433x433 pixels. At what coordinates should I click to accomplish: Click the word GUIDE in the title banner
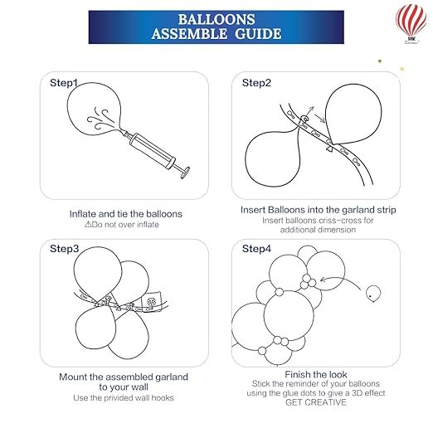click(x=258, y=34)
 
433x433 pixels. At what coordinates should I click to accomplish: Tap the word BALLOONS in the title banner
click(x=216, y=19)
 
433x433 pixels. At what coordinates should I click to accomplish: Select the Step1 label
click(x=63, y=83)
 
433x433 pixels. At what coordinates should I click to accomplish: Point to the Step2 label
click(x=256, y=83)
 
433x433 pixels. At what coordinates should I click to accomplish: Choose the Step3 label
click(x=64, y=249)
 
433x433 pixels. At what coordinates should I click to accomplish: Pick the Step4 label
click(x=256, y=249)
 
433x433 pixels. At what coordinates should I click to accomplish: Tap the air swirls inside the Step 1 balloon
click(x=100, y=119)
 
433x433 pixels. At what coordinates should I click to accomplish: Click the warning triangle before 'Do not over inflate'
click(x=88, y=224)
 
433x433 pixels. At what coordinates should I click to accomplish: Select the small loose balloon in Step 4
click(x=373, y=294)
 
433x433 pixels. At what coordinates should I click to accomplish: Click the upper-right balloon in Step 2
click(x=353, y=114)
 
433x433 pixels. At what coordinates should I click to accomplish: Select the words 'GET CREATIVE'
click(x=316, y=402)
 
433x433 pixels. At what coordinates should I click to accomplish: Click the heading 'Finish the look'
click(x=316, y=374)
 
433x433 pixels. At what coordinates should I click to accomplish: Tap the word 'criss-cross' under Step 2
click(x=346, y=221)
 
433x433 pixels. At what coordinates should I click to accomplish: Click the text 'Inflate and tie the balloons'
click(x=126, y=214)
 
